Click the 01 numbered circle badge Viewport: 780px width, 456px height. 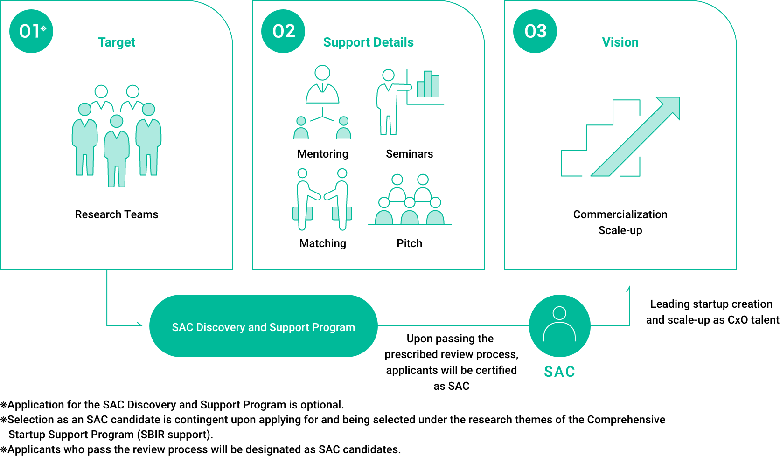(x=31, y=31)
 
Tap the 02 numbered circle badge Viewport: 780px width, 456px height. (x=283, y=31)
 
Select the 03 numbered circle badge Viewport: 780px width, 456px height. (x=535, y=31)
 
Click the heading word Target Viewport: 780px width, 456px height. (x=117, y=42)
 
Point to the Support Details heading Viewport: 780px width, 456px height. (x=368, y=42)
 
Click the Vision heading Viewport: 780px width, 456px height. (x=620, y=42)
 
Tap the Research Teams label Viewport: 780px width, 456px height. (x=117, y=214)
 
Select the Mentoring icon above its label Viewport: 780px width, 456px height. (x=322, y=103)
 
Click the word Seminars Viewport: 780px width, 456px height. (x=409, y=154)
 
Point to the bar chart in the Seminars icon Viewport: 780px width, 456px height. (x=428, y=84)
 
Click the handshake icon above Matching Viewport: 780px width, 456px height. (x=322, y=200)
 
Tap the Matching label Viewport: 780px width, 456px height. (x=322, y=243)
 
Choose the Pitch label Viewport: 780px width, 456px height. (x=409, y=243)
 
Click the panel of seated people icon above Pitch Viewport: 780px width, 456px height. (x=410, y=200)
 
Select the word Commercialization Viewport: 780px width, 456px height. (x=620, y=214)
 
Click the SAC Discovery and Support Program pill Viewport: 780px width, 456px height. (x=263, y=326)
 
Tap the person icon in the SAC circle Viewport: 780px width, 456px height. (x=559, y=324)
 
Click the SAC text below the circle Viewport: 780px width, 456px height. (x=559, y=372)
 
